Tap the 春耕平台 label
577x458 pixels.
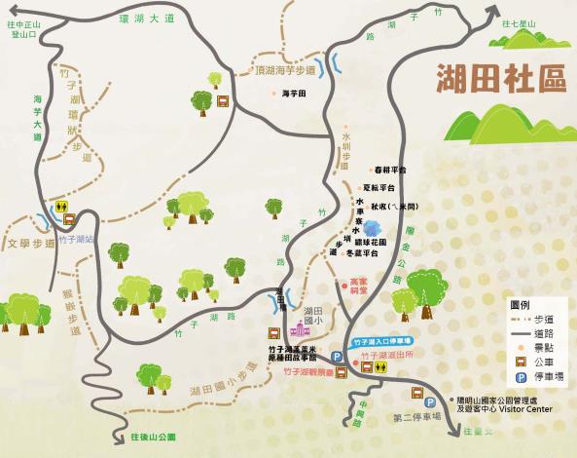390,170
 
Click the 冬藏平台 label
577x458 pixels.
376,252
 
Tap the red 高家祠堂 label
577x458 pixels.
359,286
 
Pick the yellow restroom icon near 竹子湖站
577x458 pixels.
61,207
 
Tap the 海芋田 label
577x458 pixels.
293,94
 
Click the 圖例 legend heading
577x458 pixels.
521,304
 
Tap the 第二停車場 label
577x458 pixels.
416,416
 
